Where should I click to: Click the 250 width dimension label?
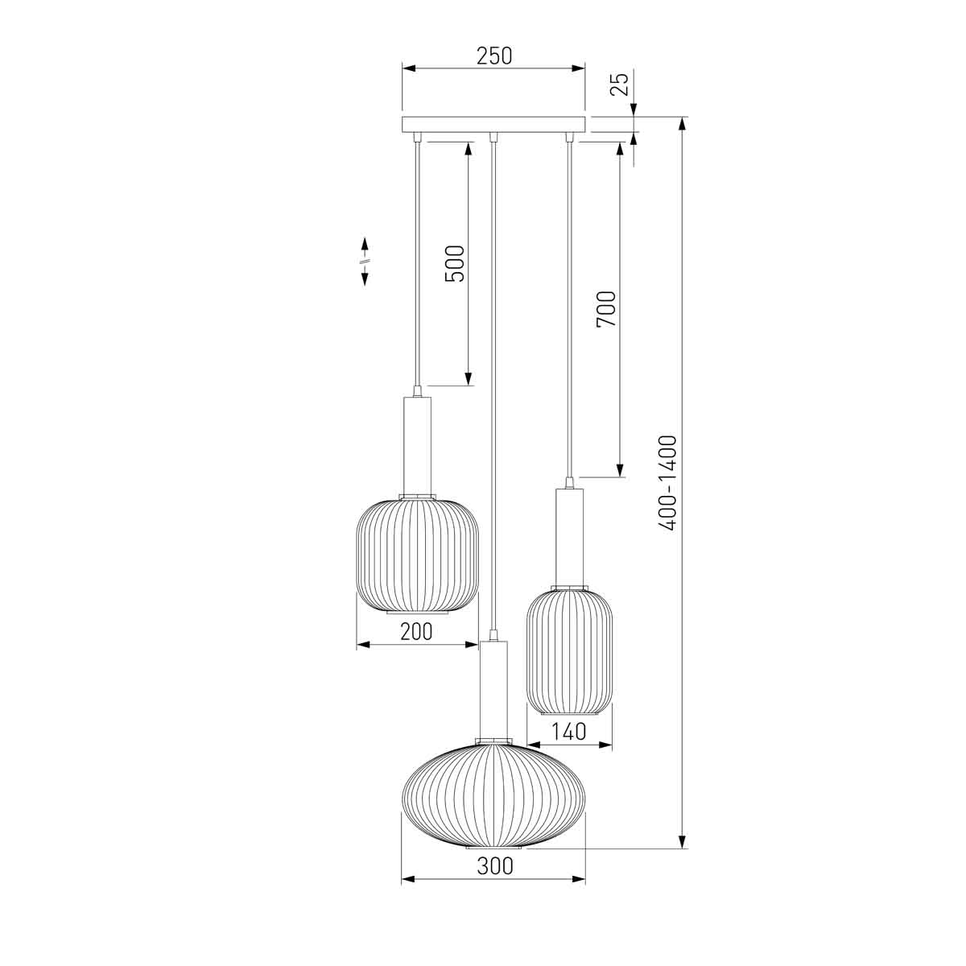(493, 56)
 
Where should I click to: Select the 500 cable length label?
(455, 264)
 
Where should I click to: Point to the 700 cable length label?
(605, 310)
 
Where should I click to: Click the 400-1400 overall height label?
(667, 483)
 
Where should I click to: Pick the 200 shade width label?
(416, 631)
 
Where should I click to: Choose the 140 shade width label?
(571, 732)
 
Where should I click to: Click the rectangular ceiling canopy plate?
(493, 124)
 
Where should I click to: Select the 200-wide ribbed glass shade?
(417, 555)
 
